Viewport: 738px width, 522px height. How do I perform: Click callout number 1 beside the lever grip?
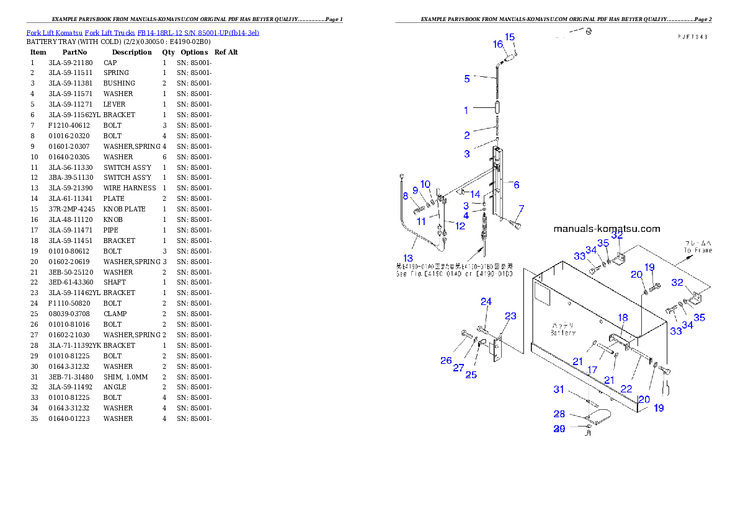pos(466,110)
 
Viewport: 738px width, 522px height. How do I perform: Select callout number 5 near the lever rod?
pos(467,79)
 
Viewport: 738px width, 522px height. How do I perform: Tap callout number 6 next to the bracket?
pos(516,184)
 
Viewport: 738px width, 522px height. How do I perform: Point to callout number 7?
pos(522,208)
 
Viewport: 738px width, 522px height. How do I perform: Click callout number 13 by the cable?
pos(407,258)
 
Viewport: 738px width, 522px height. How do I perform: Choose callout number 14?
pos(474,195)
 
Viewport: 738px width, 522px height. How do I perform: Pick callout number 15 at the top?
pos(510,37)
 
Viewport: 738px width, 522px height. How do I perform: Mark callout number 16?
pos(498,44)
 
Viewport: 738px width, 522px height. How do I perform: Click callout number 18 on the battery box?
pos(623,317)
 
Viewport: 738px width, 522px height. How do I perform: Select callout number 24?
pos(486,302)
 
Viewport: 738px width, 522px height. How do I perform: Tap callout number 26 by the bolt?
pos(446,360)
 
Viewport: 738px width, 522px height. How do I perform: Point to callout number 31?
pos(559,389)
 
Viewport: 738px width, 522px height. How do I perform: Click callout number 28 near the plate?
pos(559,414)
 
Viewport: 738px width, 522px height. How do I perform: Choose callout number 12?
pos(460,226)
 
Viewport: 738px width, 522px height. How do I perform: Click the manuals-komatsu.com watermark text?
pos(607,229)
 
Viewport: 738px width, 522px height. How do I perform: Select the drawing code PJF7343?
pos(692,37)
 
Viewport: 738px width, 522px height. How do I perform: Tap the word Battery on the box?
pos(563,332)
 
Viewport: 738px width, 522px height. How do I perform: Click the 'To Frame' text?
pos(698,250)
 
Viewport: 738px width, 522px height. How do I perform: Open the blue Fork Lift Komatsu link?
pos(143,32)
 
